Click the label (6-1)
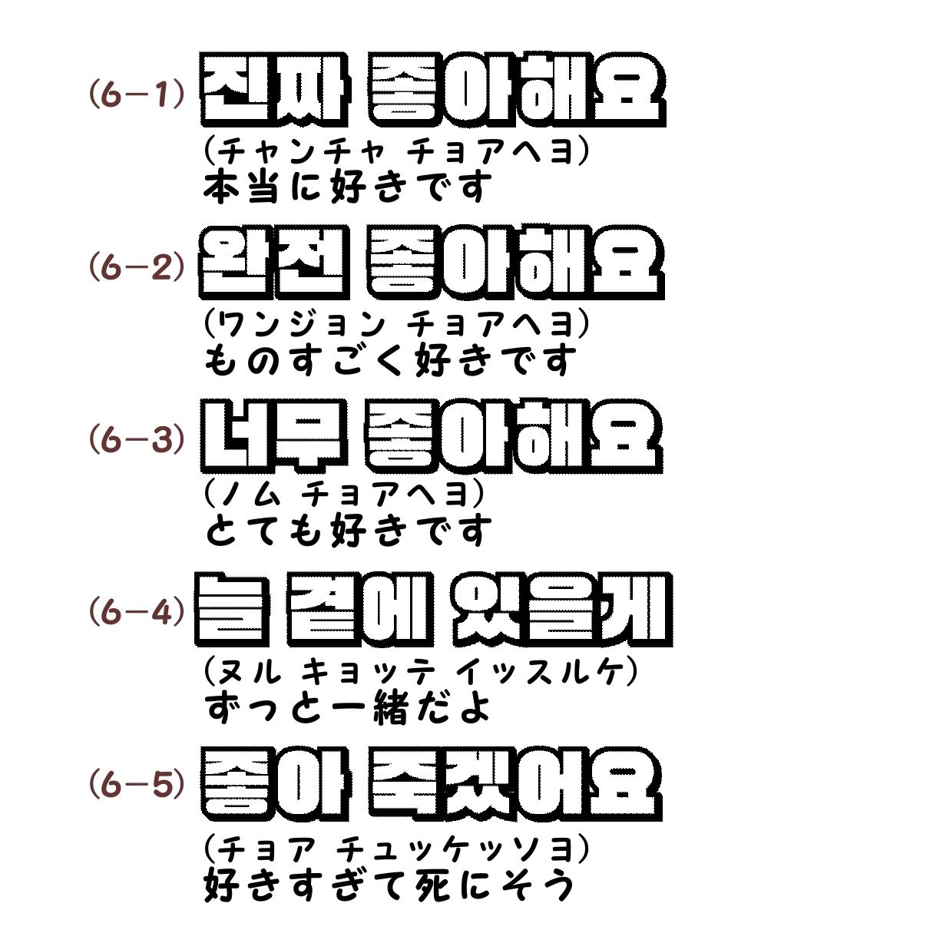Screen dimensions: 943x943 click(137, 94)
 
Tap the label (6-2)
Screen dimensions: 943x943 click(137, 267)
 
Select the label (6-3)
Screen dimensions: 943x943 click(137, 440)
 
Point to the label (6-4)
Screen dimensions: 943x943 click(137, 612)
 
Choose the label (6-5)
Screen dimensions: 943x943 click(137, 785)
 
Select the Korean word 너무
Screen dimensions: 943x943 click(273, 435)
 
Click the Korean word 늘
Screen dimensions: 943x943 click(233, 609)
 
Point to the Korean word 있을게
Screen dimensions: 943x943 click(561, 609)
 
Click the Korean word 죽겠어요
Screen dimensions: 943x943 click(515, 782)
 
